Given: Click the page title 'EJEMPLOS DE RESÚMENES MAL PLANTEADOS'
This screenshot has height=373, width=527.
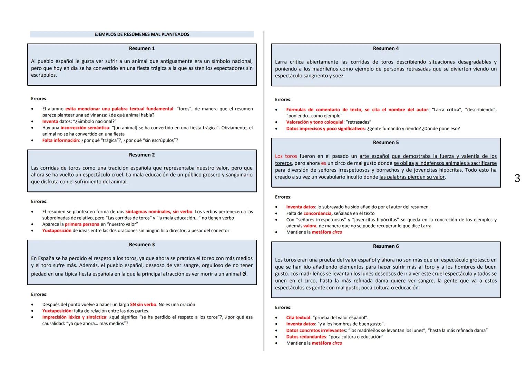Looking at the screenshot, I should [x=142, y=34].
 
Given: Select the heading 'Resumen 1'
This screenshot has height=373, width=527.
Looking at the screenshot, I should [x=142, y=48].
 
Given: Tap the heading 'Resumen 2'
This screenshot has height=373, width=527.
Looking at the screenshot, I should [x=142, y=155].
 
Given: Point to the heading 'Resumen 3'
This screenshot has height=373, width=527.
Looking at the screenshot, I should [x=142, y=245].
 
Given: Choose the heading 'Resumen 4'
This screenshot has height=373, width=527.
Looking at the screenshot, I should [x=386, y=48].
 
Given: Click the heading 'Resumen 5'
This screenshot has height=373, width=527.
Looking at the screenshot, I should [x=386, y=142].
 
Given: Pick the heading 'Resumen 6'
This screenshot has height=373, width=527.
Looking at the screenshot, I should [x=386, y=246].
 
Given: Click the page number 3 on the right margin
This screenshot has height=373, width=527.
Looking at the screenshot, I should [x=517, y=178].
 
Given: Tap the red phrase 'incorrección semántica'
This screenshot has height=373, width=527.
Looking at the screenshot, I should [x=85, y=128].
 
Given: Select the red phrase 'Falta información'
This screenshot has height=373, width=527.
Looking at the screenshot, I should [x=60, y=140].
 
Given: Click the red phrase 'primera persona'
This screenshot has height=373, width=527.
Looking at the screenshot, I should [x=82, y=224].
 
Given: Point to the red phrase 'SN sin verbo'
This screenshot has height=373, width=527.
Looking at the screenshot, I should [x=143, y=305].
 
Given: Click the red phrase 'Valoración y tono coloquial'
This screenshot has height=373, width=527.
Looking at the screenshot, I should [x=314, y=122].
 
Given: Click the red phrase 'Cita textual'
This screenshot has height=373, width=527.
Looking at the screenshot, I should [x=298, y=317].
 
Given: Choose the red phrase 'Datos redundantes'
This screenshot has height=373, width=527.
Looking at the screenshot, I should [x=306, y=337].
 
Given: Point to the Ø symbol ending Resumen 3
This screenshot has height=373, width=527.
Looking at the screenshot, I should [x=244, y=274].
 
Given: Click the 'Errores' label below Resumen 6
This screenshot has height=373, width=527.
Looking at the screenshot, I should [x=283, y=307].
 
